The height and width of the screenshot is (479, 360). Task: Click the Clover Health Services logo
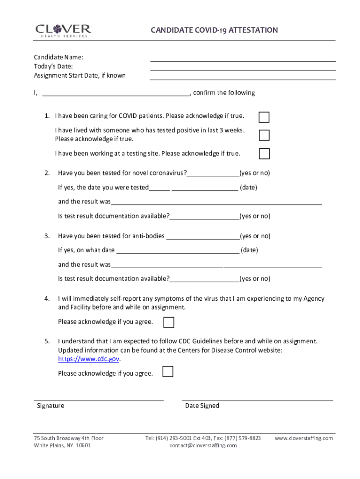coord(63,30)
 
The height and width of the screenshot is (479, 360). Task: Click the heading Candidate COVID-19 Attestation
coord(214,30)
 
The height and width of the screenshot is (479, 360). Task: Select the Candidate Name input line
coord(243,58)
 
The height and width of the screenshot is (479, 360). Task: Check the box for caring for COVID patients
coord(264,117)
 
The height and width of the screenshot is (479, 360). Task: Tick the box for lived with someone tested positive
coord(264,135)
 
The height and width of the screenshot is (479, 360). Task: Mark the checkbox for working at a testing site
coord(264,154)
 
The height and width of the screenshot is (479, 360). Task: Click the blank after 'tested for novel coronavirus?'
coord(213,174)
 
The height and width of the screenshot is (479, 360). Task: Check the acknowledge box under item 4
coord(169,322)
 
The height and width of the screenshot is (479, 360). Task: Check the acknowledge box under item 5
coord(167,372)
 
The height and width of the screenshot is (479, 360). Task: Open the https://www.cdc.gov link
coord(89,359)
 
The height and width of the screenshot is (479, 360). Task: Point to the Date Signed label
coord(202,406)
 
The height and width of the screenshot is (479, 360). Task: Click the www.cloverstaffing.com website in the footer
coord(303,438)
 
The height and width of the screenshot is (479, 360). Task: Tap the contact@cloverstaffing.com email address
coord(203,446)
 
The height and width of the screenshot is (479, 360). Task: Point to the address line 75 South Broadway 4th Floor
coord(69,438)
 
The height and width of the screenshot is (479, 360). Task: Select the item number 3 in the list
coord(47,236)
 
